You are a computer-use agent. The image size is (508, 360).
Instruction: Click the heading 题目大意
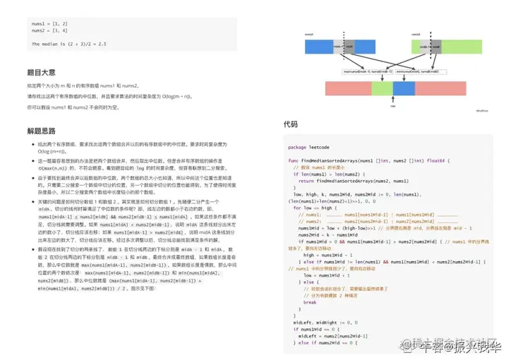pos(41,72)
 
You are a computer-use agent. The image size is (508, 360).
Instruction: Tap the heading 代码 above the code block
pos(291,124)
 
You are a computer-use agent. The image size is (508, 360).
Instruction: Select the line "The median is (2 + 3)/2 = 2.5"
pos(68,44)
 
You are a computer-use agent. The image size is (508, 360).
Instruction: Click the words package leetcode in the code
pos(309,147)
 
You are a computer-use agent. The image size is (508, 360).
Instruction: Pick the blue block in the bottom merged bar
pos(403,88)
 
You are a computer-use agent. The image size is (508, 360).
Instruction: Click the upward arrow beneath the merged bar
pos(393,100)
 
